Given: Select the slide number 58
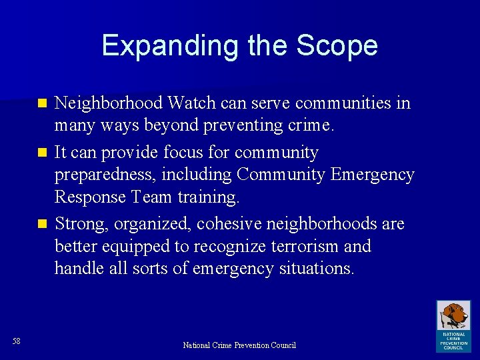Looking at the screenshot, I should [x=17, y=341].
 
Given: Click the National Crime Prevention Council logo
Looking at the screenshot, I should [x=453, y=325].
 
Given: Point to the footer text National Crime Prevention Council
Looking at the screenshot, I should [x=239, y=345].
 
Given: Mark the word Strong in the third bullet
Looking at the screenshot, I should [x=78, y=223].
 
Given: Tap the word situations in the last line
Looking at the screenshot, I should [x=315, y=268].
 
